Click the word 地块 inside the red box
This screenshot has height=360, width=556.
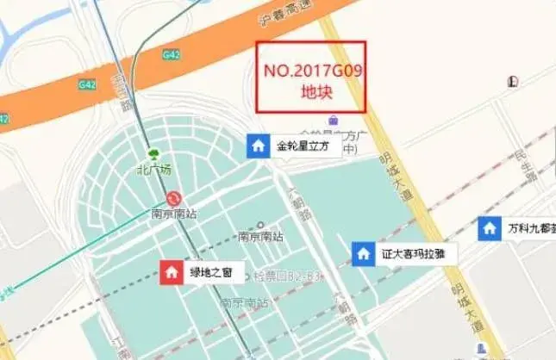coord(310,92)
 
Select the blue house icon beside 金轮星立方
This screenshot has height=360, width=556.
coord(258,146)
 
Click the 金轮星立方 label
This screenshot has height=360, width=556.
coord(303,146)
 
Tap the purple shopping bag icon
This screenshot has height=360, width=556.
coord(345,119)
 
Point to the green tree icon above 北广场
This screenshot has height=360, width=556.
coord(154,155)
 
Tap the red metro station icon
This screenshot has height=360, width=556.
coord(174,198)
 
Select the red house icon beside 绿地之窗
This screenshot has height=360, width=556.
coord(172,272)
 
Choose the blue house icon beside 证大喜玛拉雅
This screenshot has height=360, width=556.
coord(363,253)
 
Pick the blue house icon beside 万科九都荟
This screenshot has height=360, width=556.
coord(489,228)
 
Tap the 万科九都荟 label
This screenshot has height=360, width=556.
coord(531,229)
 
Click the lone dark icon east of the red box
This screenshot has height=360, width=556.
coord(514,82)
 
